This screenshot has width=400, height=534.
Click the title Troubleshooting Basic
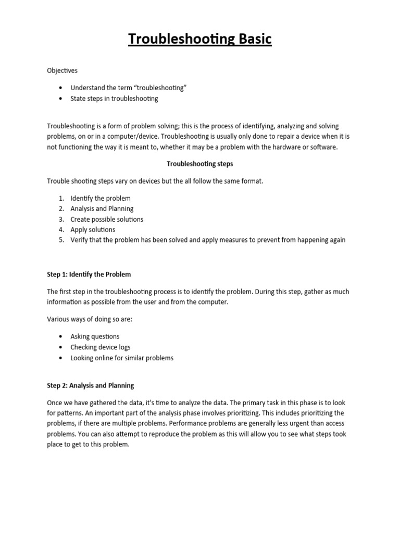coord(200,40)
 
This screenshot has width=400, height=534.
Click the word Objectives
coord(63,70)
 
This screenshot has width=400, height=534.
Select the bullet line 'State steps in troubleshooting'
coord(114,98)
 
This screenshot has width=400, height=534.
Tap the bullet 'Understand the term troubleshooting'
coord(128,88)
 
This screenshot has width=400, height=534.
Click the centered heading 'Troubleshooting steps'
coord(200,164)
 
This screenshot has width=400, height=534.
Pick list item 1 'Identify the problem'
coord(101,198)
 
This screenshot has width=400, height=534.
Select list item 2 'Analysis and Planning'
coord(102,209)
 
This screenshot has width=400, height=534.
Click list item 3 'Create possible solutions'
coord(107,219)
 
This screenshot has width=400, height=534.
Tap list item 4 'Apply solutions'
coord(93,229)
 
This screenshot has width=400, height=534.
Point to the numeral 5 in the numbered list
coord(61,240)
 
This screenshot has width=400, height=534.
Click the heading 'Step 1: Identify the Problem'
coord(89,274)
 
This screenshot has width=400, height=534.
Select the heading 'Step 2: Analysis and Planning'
coord(91,385)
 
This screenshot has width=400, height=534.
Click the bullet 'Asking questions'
coord(95,336)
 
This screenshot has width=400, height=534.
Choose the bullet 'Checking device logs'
coord(101,347)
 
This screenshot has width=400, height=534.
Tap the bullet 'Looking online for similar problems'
coord(122,358)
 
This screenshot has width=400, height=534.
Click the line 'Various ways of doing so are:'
coord(90,319)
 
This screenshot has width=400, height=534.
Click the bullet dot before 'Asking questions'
coord(61,337)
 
